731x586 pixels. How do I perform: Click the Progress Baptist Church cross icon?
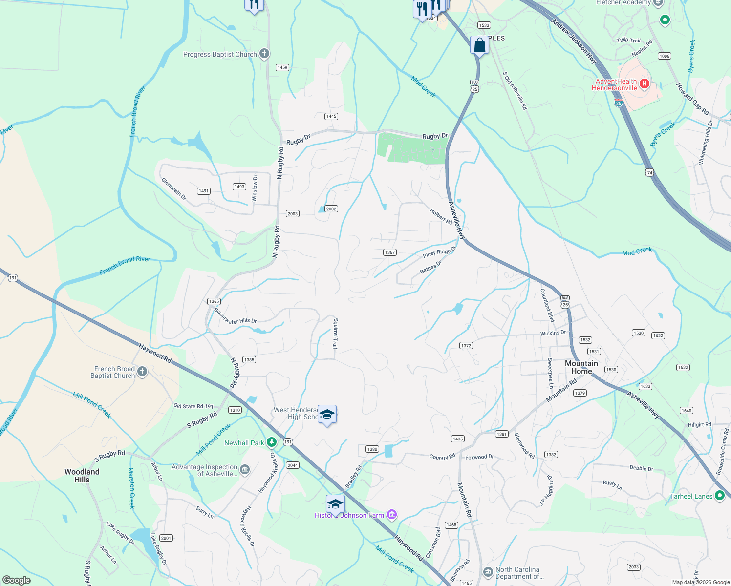264,54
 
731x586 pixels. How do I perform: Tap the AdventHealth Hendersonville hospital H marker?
644,84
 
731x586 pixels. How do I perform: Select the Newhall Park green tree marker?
272,442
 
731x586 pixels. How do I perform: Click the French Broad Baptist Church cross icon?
142,372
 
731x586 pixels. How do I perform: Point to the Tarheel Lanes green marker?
719,496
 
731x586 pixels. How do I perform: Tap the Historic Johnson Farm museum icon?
391,515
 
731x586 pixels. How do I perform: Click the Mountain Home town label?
581,367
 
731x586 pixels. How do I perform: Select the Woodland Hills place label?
82,476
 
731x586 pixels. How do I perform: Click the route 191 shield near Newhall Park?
288,442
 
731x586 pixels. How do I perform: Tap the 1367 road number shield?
389,252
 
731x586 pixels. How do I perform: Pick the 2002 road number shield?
331,209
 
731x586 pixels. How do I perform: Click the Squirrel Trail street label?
335,333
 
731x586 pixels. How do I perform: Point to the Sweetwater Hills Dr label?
235,318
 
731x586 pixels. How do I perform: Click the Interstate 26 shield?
619,103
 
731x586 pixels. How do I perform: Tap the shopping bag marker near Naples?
479,45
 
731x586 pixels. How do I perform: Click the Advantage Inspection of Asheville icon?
245,470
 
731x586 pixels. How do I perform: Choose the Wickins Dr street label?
553,333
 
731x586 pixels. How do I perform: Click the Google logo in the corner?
17,580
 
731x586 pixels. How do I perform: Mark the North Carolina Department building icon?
488,572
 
